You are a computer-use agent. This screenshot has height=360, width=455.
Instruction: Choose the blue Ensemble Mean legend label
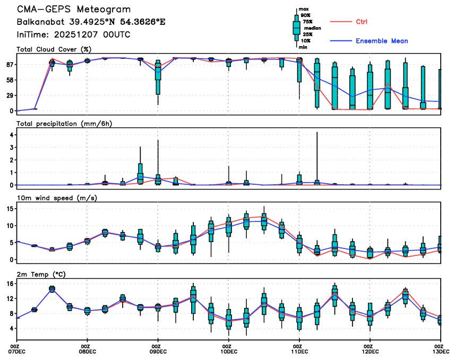(382, 41)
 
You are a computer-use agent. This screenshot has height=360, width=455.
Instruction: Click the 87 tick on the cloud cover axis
(9, 64)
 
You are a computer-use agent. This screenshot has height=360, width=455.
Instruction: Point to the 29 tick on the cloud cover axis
(9, 95)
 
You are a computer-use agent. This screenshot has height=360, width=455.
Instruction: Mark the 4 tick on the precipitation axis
(11, 135)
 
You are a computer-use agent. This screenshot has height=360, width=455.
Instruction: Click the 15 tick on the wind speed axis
(9, 209)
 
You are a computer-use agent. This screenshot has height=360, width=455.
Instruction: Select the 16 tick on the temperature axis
(9, 284)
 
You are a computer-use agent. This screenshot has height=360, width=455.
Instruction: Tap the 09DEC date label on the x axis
(158, 351)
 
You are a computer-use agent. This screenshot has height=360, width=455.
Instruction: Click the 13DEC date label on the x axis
(440, 351)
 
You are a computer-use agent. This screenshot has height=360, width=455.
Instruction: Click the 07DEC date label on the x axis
(18, 351)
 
